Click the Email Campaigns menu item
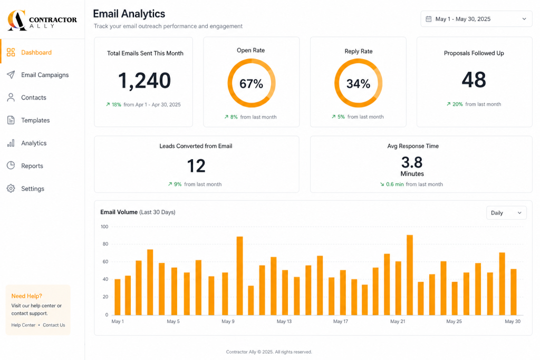coord(38,75)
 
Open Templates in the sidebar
coord(28,120)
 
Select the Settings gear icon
coord(11,189)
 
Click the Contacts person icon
coord(11,98)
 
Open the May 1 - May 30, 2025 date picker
coord(476,19)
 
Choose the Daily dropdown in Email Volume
coord(506,213)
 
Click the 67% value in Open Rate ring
coord(252,84)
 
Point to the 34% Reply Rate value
coord(358,84)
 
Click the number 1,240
coord(144,81)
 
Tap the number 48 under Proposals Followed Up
coord(474,80)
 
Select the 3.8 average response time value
coord(412,162)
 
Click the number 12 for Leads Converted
coord(196,166)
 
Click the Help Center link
coord(23,325)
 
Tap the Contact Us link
coord(54,325)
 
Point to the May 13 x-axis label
coord(284,322)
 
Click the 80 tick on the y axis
coord(105,244)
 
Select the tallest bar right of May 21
coord(410,275)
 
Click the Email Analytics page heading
coord(129,14)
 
